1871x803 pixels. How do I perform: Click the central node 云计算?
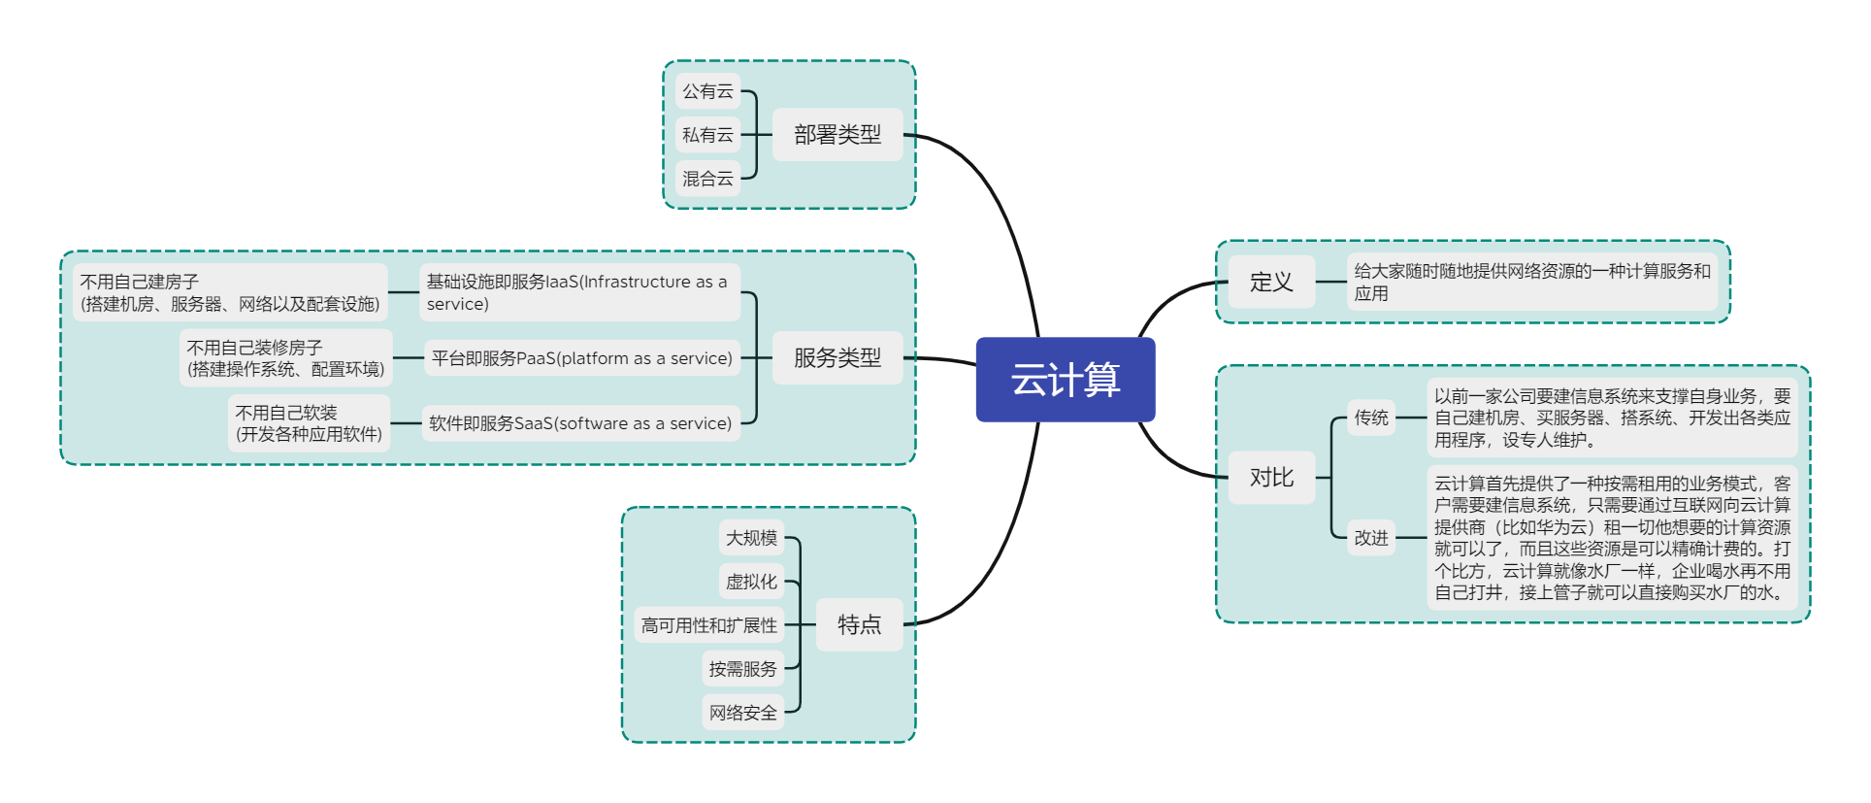pyautogui.click(x=1065, y=380)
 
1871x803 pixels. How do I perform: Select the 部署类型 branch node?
pyautogui.click(x=837, y=135)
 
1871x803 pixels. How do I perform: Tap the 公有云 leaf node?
pyautogui.click(x=707, y=91)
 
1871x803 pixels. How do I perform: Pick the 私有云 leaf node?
pyautogui.click(x=707, y=135)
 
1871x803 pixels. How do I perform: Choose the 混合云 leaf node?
pyautogui.click(x=707, y=179)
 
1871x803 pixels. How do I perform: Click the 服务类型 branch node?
pyautogui.click(x=837, y=358)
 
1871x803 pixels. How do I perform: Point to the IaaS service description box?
pyautogui.click(x=579, y=292)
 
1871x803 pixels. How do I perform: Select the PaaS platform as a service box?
pyautogui.click(x=581, y=358)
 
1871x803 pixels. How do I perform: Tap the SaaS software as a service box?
pyautogui.click(x=580, y=423)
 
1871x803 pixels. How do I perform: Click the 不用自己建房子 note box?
pyautogui.click(x=229, y=292)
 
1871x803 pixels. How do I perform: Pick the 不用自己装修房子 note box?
pyautogui.click(x=285, y=358)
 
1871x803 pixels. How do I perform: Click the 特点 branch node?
pyautogui.click(x=859, y=624)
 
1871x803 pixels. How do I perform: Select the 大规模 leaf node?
pyautogui.click(x=751, y=538)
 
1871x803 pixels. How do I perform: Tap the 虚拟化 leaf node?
pyautogui.click(x=751, y=582)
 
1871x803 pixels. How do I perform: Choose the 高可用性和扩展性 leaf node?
pyautogui.click(x=708, y=625)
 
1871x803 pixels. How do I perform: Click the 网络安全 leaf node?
pyautogui.click(x=742, y=713)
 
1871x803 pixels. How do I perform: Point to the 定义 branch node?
pyautogui.click(x=1271, y=283)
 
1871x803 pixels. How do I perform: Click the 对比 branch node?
pyautogui.click(x=1271, y=478)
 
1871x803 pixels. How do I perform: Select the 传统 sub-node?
pyautogui.click(x=1371, y=418)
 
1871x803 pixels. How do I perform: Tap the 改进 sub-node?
pyautogui.click(x=1371, y=538)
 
